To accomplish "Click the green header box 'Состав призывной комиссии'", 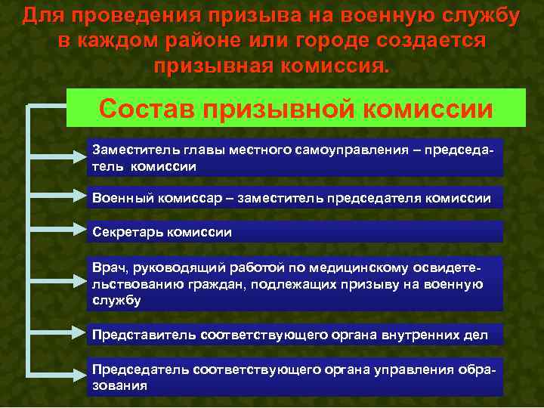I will click(295, 108).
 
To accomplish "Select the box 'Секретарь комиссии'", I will click(295, 231).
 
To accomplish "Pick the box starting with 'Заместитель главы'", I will click(295, 157).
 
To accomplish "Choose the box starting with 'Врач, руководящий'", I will click(295, 283).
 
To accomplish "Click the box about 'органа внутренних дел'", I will click(295, 334).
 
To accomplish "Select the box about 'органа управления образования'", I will click(295, 376).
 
